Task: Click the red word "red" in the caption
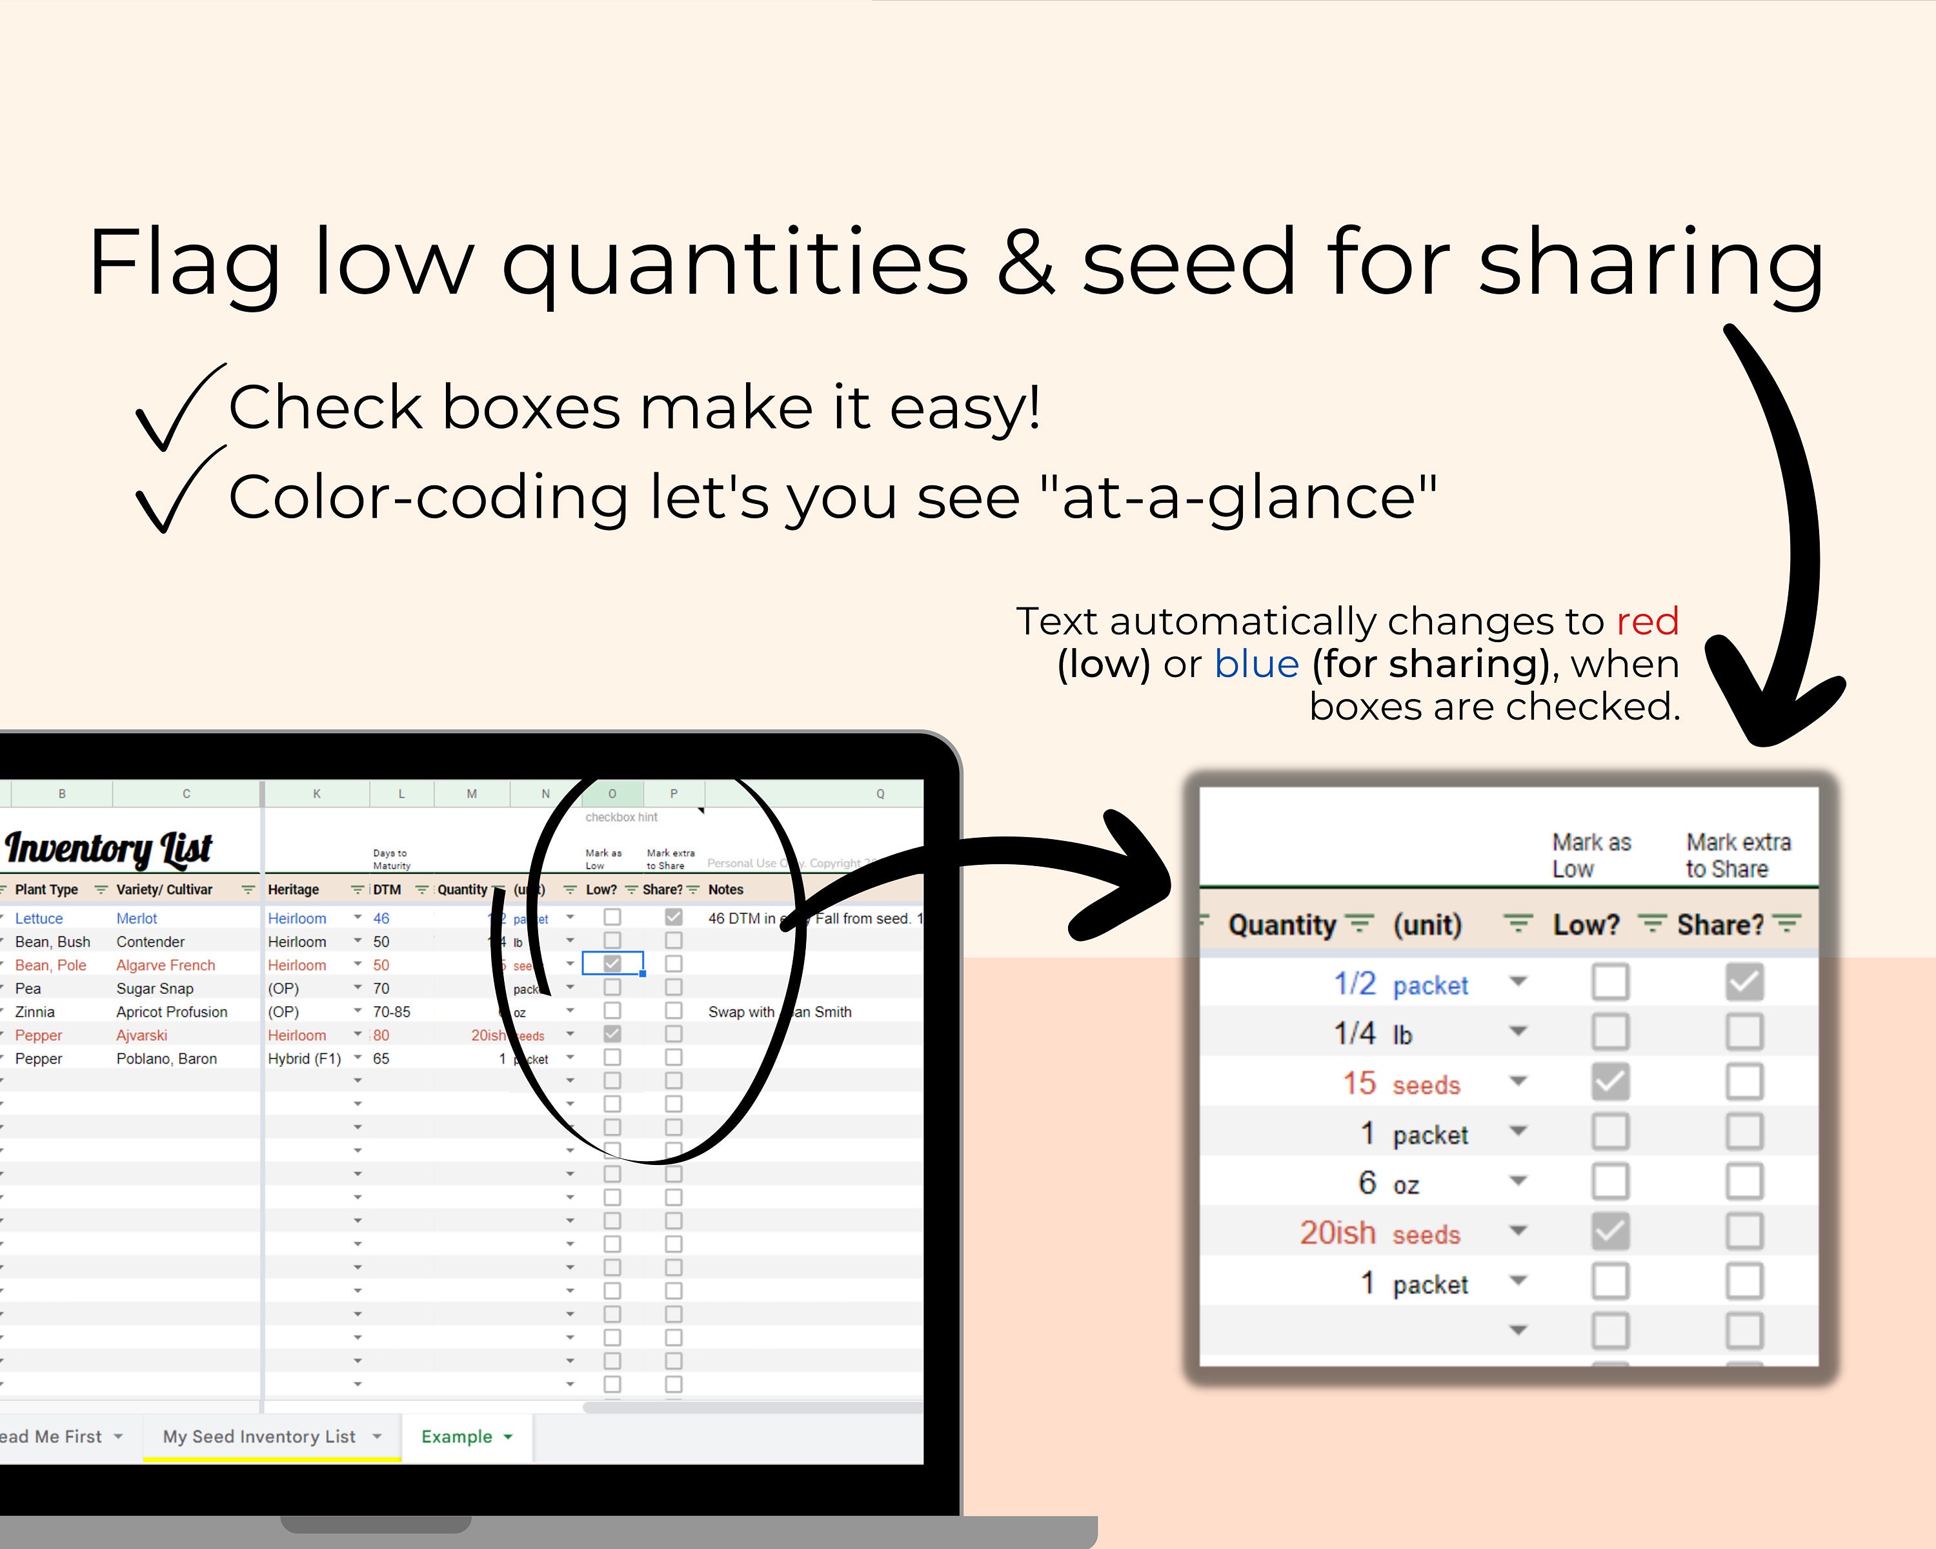point(1647,622)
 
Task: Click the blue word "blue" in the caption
point(1256,665)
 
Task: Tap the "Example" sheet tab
point(457,1437)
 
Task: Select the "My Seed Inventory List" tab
point(259,1437)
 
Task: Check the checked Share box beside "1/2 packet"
point(1744,982)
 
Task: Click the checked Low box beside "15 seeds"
point(1610,1082)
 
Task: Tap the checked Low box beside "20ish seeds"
point(1610,1231)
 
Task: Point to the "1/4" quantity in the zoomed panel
point(1354,1033)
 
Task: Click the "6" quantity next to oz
point(1367,1182)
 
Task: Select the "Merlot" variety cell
point(137,918)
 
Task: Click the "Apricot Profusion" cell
point(172,1012)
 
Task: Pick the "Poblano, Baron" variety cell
point(166,1058)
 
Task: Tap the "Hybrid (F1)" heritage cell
point(305,1058)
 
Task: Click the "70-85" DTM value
point(392,1012)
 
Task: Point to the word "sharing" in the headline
point(1651,262)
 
